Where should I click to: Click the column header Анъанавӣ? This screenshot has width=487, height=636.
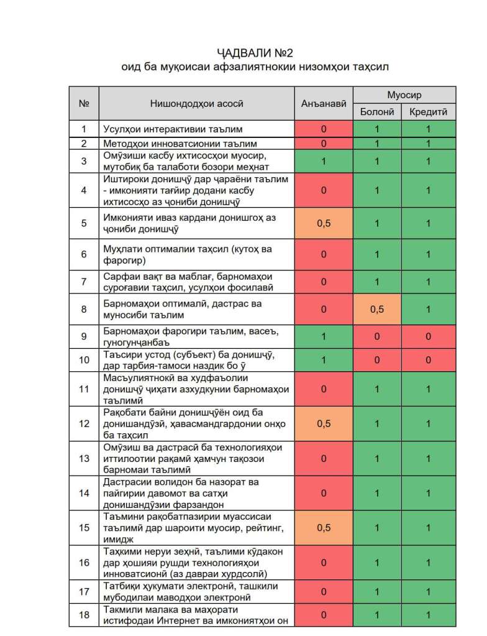coord(323,103)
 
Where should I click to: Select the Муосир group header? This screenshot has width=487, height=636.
coord(404,95)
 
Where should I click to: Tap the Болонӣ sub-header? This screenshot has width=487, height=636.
coord(377,112)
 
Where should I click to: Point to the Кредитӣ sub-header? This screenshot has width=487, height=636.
coord(428,112)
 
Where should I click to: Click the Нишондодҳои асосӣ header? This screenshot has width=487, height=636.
coord(196,103)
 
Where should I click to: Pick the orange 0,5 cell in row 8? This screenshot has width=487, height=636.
coord(377,309)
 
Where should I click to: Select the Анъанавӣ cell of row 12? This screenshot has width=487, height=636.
coord(323,423)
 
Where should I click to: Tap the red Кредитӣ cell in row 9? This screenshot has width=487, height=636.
coord(428,336)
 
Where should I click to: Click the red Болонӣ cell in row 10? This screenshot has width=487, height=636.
coord(377,359)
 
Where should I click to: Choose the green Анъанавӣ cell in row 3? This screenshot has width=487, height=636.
coord(323,161)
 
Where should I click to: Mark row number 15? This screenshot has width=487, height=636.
coord(84,527)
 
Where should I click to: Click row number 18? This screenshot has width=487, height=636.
coord(84,615)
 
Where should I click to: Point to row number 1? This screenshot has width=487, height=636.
coord(84,129)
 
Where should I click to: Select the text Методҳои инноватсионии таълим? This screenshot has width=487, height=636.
coord(171,144)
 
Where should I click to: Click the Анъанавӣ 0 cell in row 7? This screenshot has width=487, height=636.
coord(323,282)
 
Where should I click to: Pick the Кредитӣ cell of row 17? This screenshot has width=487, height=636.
coord(428,592)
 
